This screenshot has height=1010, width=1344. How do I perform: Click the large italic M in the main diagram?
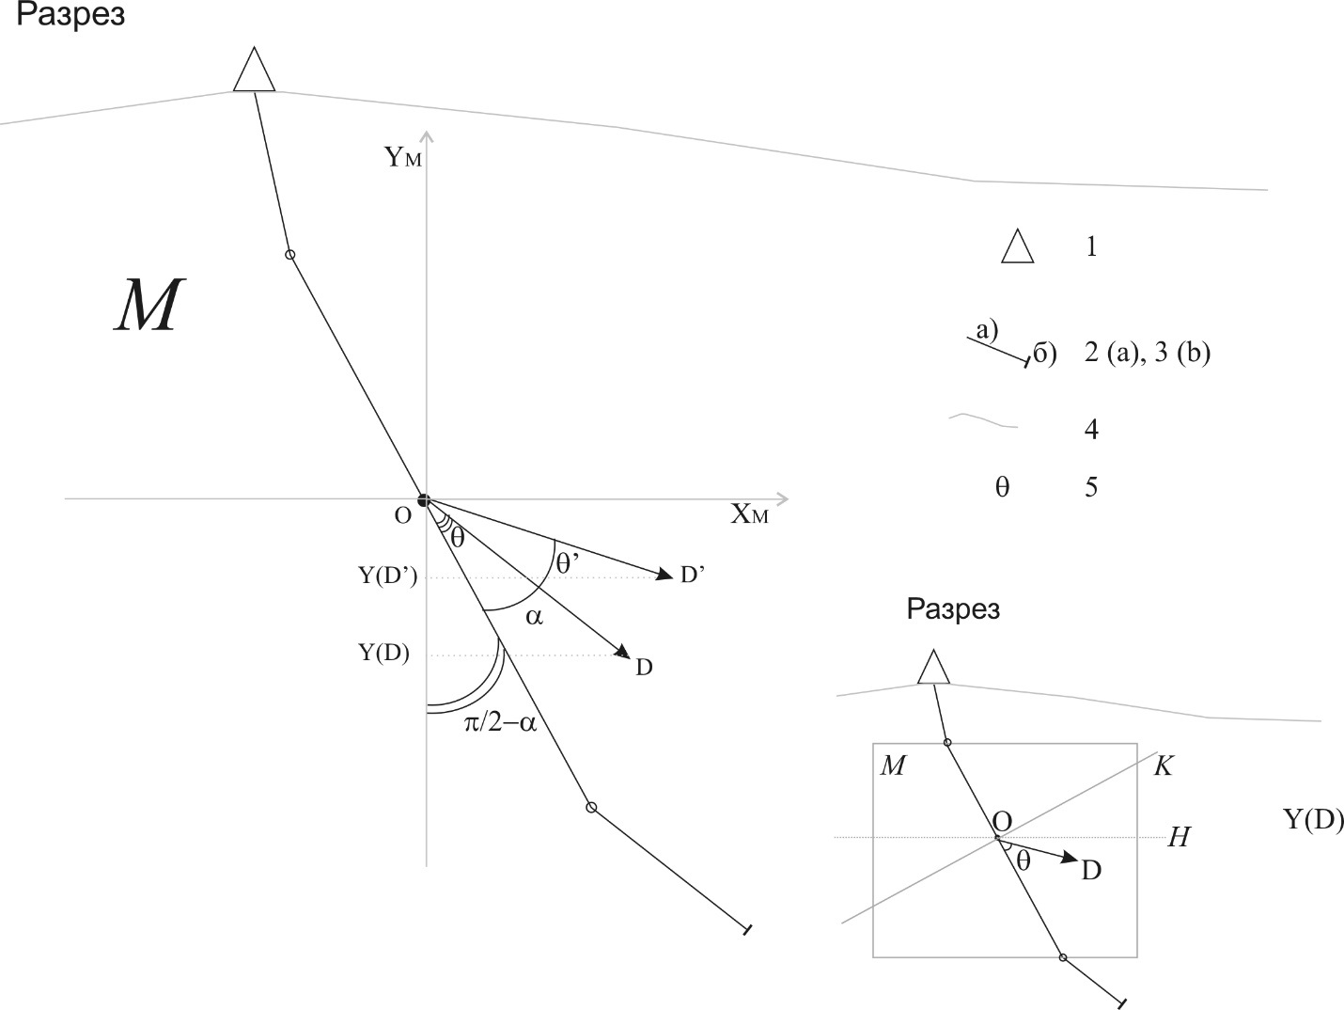149,305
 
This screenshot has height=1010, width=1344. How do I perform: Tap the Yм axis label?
403,157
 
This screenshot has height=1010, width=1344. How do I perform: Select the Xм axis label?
749,514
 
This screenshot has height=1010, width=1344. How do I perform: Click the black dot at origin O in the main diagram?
424,500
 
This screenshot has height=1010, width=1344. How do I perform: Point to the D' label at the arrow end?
693,575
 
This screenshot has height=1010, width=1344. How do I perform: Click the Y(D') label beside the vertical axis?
387,576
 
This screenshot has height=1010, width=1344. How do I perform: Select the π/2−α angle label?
501,723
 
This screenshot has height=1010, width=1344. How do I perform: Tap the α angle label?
534,617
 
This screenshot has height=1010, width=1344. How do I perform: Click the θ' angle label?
568,562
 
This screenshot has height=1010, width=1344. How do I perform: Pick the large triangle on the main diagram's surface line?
254,70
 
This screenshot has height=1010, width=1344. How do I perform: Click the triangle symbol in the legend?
1018,246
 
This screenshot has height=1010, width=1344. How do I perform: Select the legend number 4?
1091,430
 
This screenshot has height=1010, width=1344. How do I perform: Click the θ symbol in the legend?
1002,487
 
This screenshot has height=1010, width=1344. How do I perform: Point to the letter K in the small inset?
1164,765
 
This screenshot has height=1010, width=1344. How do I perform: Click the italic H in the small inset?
1179,837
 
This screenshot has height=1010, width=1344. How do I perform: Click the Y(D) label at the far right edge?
1313,819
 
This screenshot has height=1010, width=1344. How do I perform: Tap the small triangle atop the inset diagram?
934,667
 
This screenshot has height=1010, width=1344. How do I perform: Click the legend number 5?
1091,487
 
